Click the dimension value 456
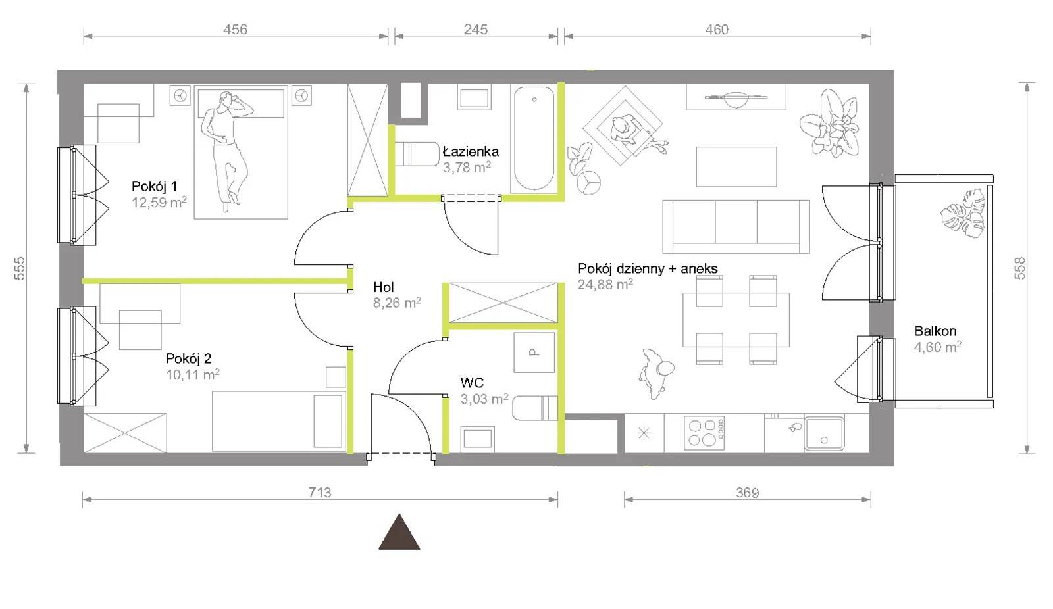[235, 30]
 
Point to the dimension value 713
[320, 493]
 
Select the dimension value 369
[748, 493]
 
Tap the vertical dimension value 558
[1019, 268]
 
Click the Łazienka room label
[471, 151]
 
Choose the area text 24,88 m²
[605, 284]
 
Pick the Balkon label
[935, 331]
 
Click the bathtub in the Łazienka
[534, 139]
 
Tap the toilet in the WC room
[535, 408]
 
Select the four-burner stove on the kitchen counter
[704, 433]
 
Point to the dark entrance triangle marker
[399, 532]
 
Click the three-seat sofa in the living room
[736, 226]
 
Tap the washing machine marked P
[534, 353]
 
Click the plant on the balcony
[963, 213]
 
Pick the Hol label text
[384, 287]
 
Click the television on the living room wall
[736, 98]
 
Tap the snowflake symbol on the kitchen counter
[644, 433]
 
